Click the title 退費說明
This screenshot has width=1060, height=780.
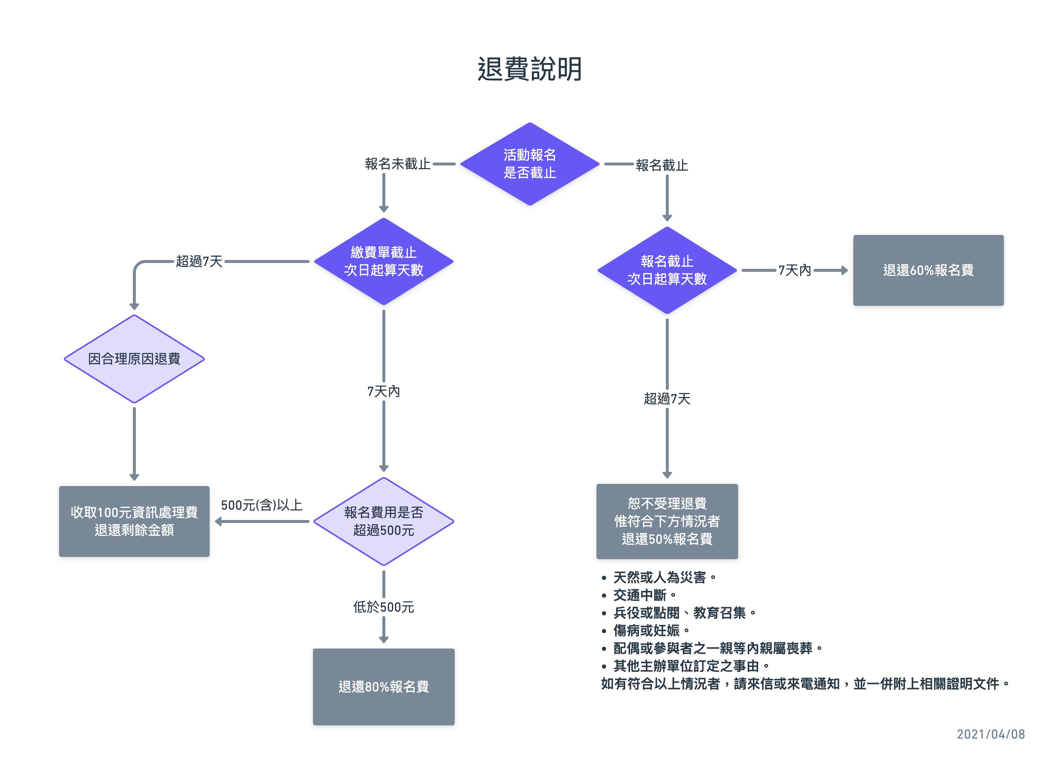[529, 69]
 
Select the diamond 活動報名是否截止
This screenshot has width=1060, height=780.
[529, 164]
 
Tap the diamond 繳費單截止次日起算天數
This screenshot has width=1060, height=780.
[383, 261]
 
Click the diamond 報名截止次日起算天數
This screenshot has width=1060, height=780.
[667, 270]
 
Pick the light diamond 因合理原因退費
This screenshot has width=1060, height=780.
[134, 359]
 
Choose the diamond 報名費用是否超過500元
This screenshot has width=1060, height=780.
[383, 521]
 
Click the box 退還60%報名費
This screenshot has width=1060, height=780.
[928, 270]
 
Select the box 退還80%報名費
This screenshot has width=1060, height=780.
[383, 686]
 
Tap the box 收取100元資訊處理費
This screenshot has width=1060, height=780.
[134, 521]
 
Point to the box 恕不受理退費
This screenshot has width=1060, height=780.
[667, 521]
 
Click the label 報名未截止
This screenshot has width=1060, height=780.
[397, 164]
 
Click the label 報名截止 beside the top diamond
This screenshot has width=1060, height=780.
[661, 165]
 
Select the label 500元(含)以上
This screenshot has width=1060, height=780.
[261, 505]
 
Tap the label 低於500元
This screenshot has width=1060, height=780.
[383, 607]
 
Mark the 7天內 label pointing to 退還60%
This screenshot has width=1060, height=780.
[794, 270]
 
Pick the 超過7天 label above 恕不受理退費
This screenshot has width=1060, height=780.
[667, 398]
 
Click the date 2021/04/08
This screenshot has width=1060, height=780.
[990, 734]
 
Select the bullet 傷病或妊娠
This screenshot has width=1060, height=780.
[646, 630]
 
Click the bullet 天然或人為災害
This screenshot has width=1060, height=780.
[660, 577]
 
